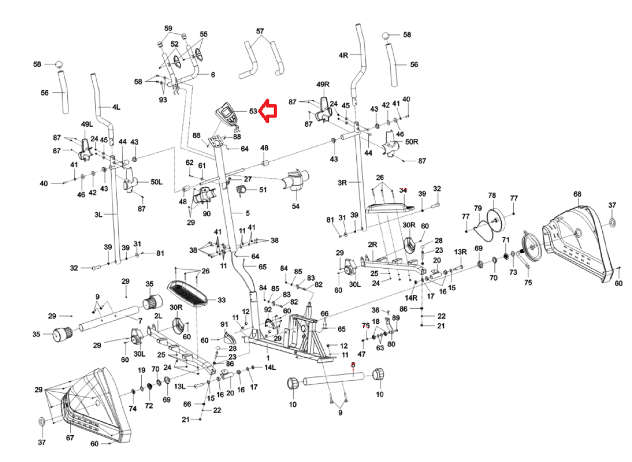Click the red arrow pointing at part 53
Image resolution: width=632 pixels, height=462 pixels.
[268, 111]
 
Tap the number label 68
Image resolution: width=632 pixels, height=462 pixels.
[577, 194]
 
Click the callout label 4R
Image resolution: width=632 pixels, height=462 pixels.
[344, 55]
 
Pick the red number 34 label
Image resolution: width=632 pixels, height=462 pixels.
[403, 190]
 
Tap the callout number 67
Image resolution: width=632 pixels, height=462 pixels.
[70, 438]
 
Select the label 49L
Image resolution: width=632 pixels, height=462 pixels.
[87, 124]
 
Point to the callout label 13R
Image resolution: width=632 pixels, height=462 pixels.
[460, 252]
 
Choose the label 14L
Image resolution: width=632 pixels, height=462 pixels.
[270, 367]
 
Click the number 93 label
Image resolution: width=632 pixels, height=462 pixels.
[163, 100]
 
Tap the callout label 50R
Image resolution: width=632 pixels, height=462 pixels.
[412, 142]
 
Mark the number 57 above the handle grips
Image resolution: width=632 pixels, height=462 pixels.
[260, 31]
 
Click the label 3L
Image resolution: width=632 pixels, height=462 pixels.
[98, 215]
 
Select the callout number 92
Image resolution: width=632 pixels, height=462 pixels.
[268, 310]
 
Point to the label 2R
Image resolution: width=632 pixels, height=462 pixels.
[372, 244]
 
